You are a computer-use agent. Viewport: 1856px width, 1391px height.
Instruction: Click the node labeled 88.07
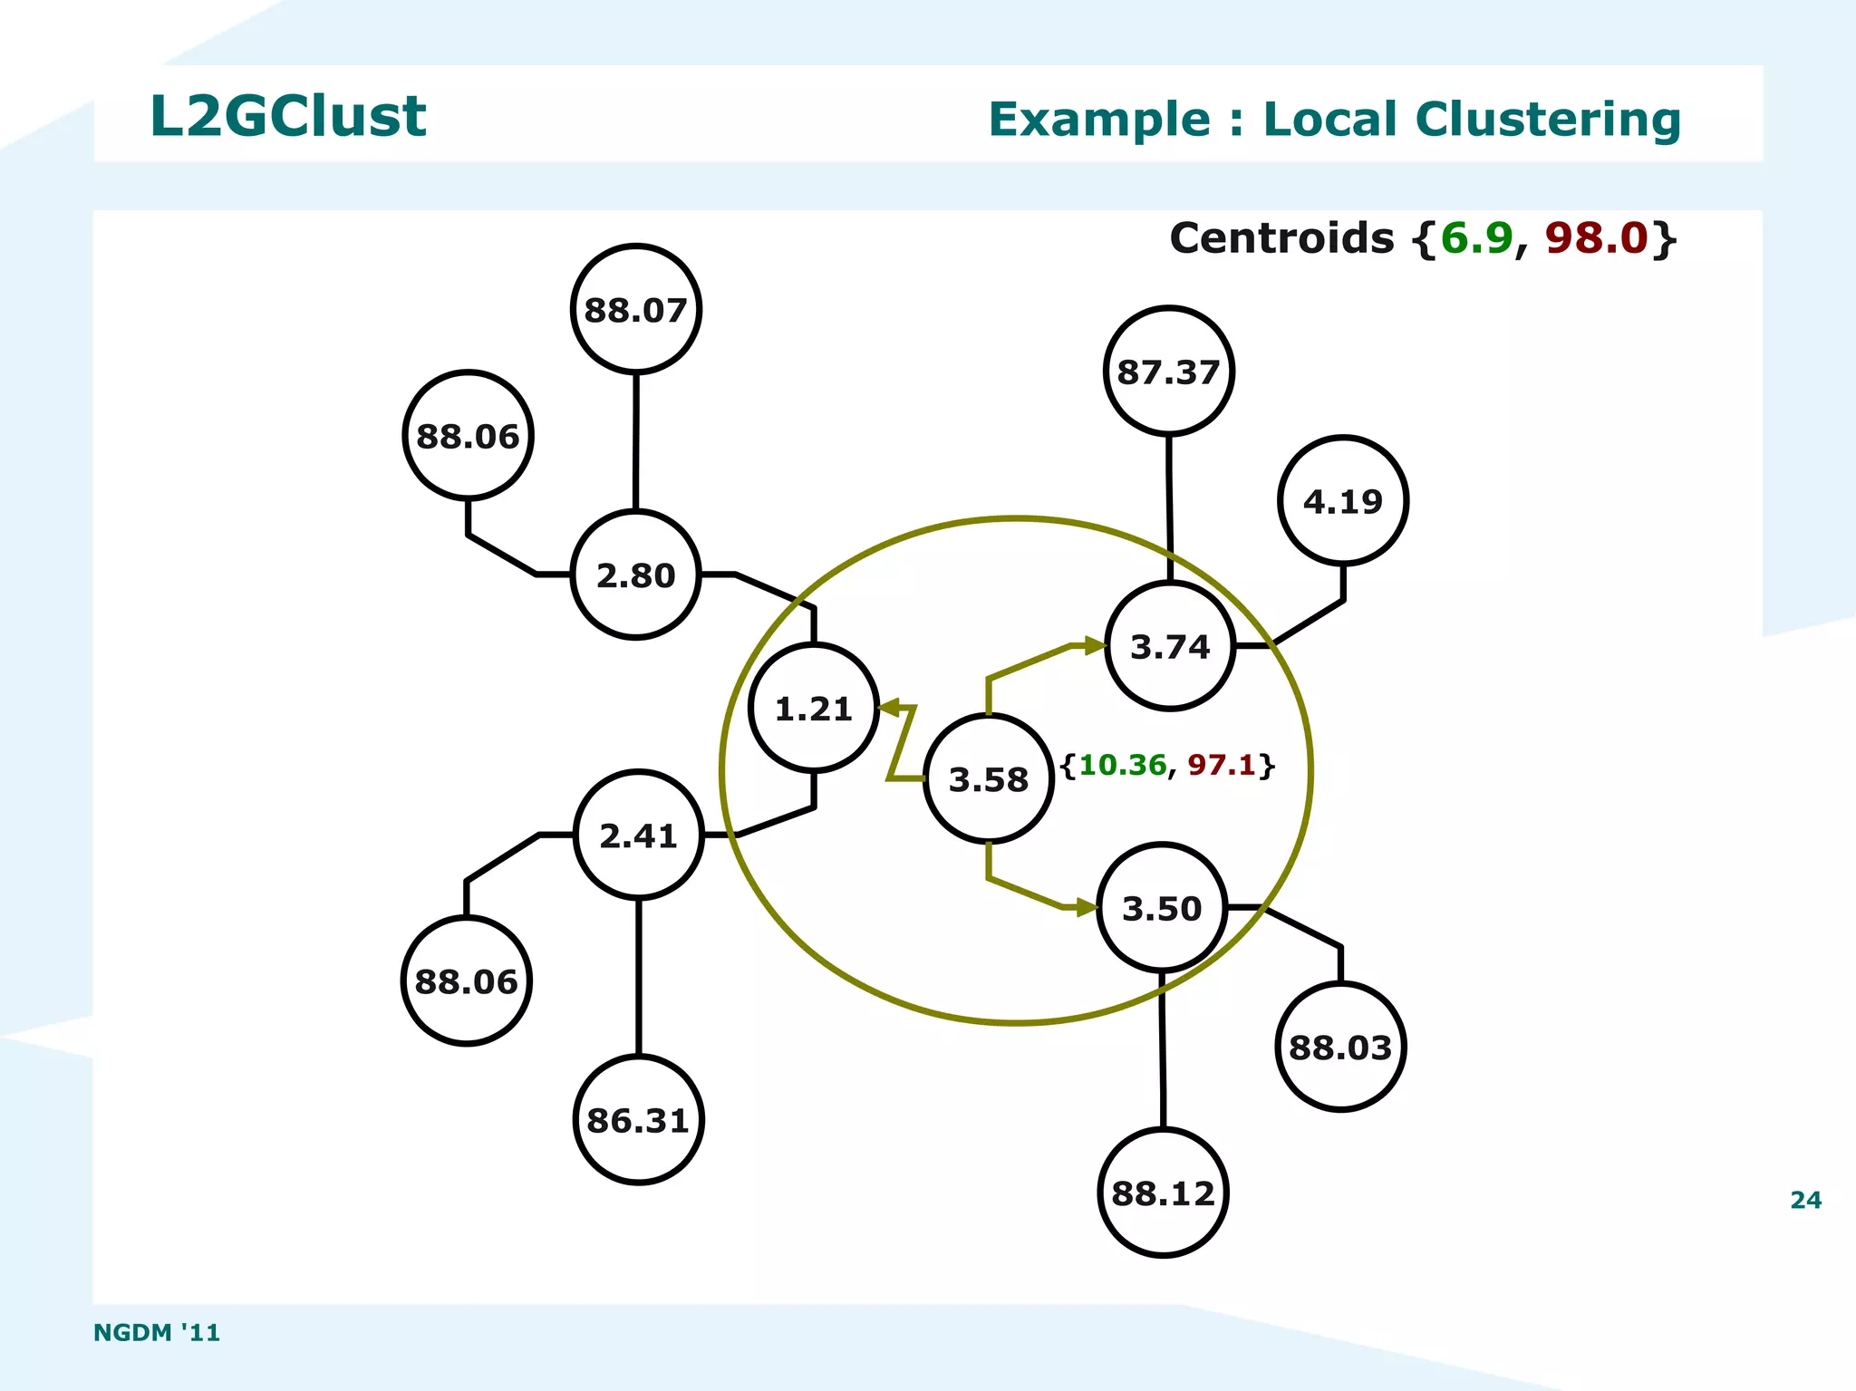[x=636, y=309]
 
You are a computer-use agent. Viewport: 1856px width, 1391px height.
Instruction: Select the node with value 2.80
[x=636, y=575]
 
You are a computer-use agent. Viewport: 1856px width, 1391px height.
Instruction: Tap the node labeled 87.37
[x=1168, y=371]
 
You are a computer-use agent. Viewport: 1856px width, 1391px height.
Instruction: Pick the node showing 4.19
[x=1343, y=501]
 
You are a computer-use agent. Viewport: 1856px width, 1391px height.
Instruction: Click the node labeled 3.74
[x=1170, y=646]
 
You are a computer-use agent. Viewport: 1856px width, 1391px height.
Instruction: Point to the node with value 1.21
[x=814, y=708]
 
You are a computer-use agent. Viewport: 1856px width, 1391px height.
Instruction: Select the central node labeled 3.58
[x=989, y=778]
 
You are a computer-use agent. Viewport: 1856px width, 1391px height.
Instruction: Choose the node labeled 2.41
[x=639, y=835]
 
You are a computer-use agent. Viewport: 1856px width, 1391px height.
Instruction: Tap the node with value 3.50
[x=1162, y=907]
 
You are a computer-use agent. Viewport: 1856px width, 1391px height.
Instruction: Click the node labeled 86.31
[x=639, y=1120]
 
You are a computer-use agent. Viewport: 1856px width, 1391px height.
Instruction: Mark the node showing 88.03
[x=1340, y=1047]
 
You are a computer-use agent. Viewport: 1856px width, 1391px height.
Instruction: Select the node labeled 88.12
[x=1163, y=1193]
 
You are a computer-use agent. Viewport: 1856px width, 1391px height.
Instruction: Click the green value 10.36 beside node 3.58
[x=1123, y=765]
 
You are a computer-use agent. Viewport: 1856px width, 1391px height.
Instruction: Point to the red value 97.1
[x=1222, y=765]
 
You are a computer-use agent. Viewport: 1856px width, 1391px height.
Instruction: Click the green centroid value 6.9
[x=1476, y=238]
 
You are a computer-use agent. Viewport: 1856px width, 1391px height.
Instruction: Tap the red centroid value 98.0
[x=1595, y=238]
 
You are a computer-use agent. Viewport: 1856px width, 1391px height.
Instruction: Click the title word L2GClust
[x=287, y=117]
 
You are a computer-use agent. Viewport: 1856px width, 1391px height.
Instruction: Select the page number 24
[x=1805, y=1200]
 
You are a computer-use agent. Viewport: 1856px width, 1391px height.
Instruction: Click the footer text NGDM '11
[x=157, y=1332]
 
